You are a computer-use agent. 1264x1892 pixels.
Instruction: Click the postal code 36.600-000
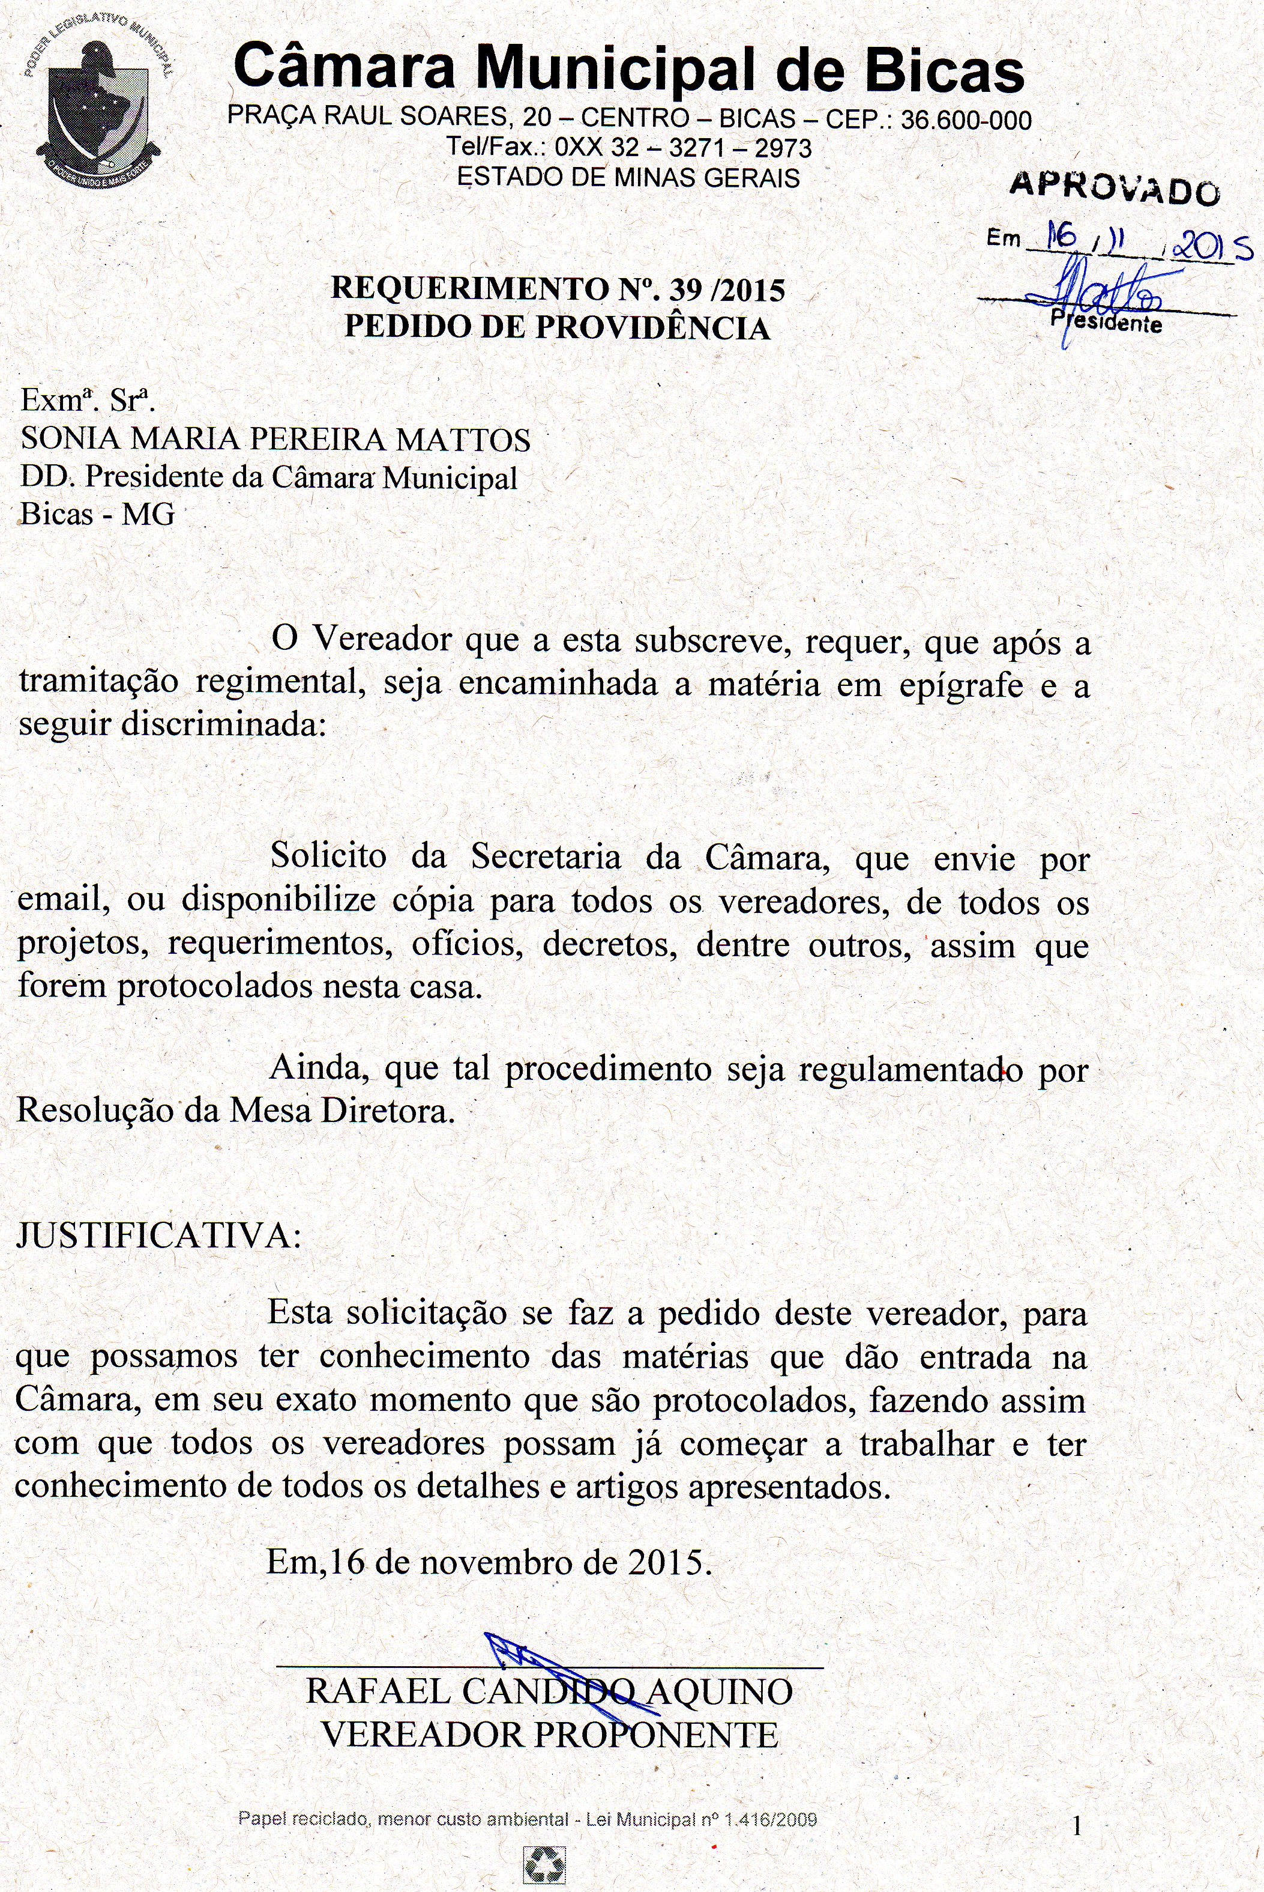(x=966, y=121)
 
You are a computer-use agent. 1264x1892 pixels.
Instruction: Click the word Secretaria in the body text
(x=546, y=857)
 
